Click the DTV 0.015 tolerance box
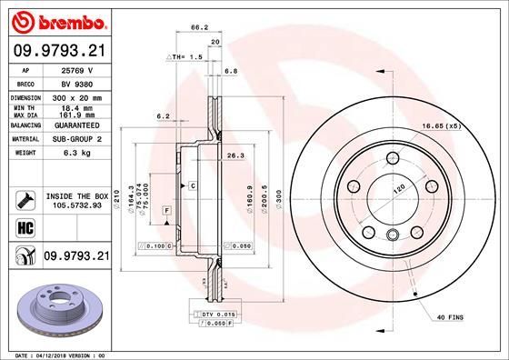215,313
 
